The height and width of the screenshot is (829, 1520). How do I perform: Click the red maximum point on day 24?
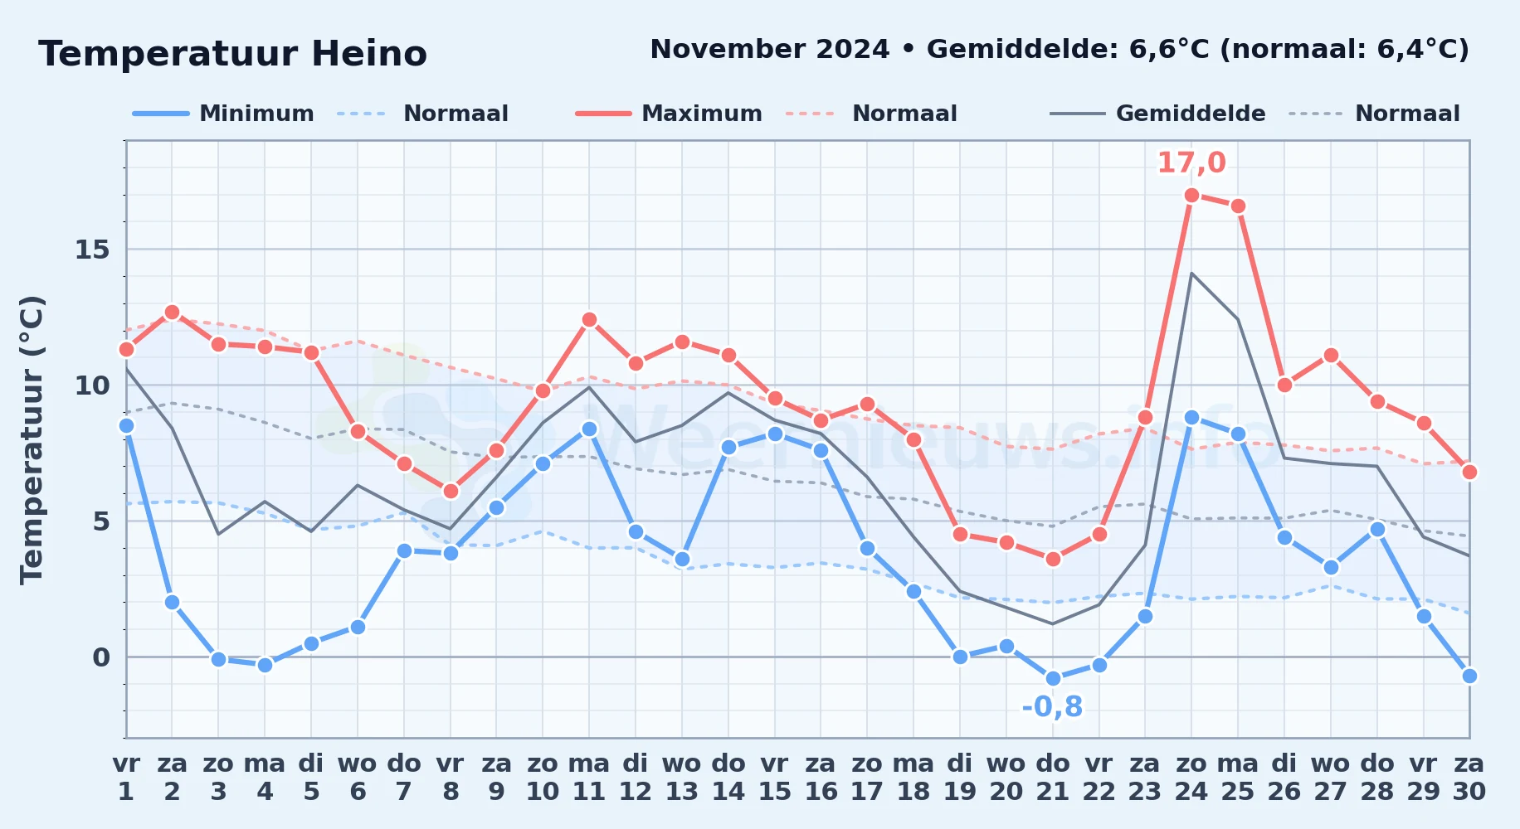[x=1191, y=195]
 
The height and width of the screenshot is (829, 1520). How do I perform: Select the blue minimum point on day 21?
[x=1053, y=678]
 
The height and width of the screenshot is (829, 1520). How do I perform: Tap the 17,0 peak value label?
[x=1191, y=162]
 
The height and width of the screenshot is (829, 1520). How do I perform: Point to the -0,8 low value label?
[x=1052, y=706]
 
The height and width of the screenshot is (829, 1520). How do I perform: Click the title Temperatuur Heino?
[x=232, y=54]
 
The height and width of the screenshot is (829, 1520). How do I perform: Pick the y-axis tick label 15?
[x=92, y=250]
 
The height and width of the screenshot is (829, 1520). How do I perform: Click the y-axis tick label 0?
[x=101, y=657]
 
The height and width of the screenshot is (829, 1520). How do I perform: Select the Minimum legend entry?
[x=223, y=114]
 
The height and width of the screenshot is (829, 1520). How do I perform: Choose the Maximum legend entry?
[x=669, y=114]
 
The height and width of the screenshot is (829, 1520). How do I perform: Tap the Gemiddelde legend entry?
[x=1158, y=114]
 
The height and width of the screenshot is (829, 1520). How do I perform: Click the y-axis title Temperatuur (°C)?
[x=32, y=439]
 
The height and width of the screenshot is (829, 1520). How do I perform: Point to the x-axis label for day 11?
[x=589, y=777]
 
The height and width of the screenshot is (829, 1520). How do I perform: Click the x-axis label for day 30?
[x=1469, y=777]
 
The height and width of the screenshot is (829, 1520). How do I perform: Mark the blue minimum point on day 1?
[x=126, y=425]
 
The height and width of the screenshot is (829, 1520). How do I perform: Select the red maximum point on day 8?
[x=451, y=491]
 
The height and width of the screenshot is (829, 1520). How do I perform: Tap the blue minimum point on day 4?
[x=265, y=664]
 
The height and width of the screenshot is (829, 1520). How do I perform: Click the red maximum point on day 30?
[x=1469, y=472]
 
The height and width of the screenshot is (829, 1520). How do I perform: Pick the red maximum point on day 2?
[x=172, y=312]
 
